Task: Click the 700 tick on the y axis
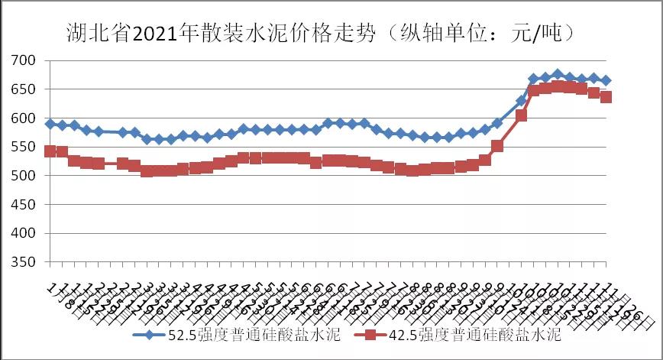click(24, 60)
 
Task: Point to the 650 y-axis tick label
click(24, 89)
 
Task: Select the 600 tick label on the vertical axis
click(24, 118)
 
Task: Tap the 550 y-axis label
click(24, 147)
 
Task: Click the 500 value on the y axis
click(24, 176)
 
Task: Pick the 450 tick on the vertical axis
click(24, 205)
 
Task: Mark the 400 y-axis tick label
click(24, 233)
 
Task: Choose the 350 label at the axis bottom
click(24, 262)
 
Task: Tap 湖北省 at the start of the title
click(87, 34)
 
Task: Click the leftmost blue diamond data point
click(50, 124)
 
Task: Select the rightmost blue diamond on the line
click(606, 80)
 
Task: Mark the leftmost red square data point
click(50, 151)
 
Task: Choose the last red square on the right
click(606, 97)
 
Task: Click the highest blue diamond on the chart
click(558, 75)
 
